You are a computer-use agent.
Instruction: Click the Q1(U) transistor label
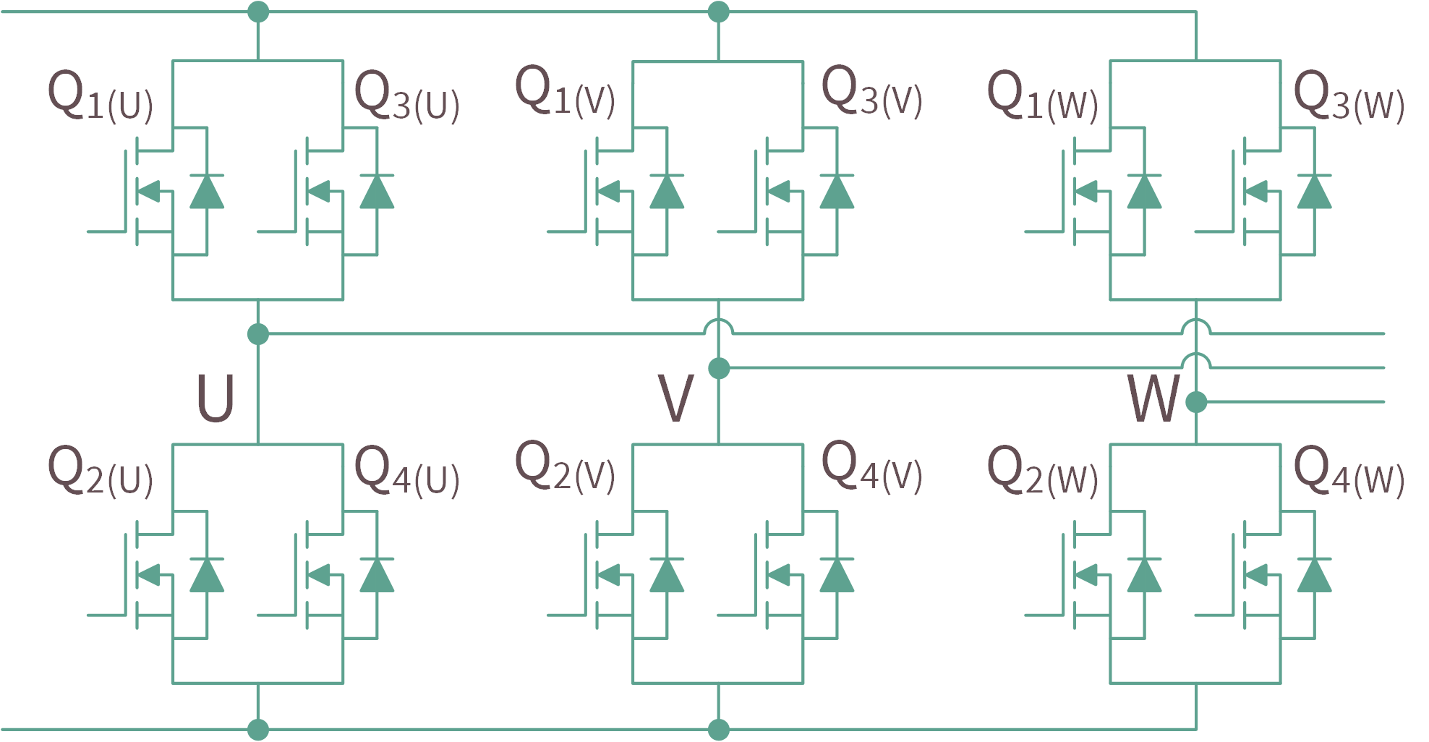click(x=100, y=95)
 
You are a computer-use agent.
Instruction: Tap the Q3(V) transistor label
click(x=872, y=92)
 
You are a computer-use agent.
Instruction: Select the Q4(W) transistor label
click(x=1349, y=472)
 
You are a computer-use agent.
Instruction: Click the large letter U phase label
click(x=216, y=398)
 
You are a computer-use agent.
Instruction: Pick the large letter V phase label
click(x=676, y=398)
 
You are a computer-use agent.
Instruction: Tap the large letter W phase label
click(x=1153, y=398)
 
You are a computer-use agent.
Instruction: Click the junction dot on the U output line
click(x=258, y=334)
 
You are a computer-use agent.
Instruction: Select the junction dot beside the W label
click(x=1196, y=401)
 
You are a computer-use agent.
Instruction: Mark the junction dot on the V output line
click(x=719, y=368)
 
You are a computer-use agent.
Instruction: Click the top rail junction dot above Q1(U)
click(x=258, y=12)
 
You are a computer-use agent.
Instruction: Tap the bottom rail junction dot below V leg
click(x=719, y=730)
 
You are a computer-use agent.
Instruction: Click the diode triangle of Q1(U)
click(x=207, y=192)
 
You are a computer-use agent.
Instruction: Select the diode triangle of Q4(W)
click(x=1315, y=576)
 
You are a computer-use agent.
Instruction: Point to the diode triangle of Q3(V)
click(x=837, y=192)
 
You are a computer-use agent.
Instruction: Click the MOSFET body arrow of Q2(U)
click(x=148, y=576)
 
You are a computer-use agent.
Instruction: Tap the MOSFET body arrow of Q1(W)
click(x=1086, y=192)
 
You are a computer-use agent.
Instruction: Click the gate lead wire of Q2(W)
click(x=1043, y=615)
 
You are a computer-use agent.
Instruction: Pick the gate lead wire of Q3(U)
click(x=276, y=231)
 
